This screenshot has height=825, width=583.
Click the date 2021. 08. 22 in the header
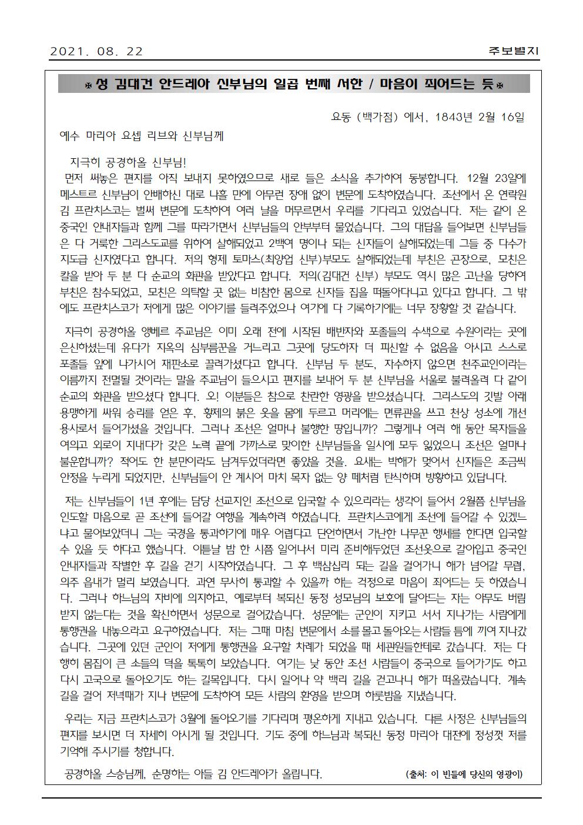96,51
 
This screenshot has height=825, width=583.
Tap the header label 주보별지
513,51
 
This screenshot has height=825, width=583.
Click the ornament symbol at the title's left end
88,85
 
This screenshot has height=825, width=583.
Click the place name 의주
71,583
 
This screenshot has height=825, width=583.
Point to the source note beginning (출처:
464,774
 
